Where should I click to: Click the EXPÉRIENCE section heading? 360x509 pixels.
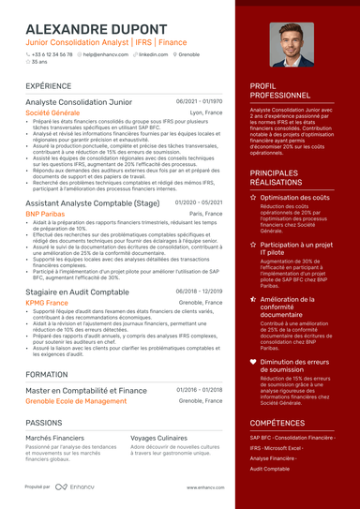coord(49,85)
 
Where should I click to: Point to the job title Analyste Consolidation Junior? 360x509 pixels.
coord(79,101)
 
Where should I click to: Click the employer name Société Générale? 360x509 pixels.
coord(52,112)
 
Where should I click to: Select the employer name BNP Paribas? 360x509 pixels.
coord(46,214)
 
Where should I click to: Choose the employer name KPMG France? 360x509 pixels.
coord(47,303)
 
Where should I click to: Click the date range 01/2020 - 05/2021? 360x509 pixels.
coord(199,202)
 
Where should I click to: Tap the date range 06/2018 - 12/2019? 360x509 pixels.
coord(199,291)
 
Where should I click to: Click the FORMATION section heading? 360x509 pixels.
coord(46,373)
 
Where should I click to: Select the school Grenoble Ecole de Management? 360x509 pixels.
coord(76,400)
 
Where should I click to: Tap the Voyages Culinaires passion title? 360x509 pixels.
coord(158,438)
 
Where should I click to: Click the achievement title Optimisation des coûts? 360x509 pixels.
coord(300,198)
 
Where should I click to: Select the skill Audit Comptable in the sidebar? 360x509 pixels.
coord(270,468)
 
